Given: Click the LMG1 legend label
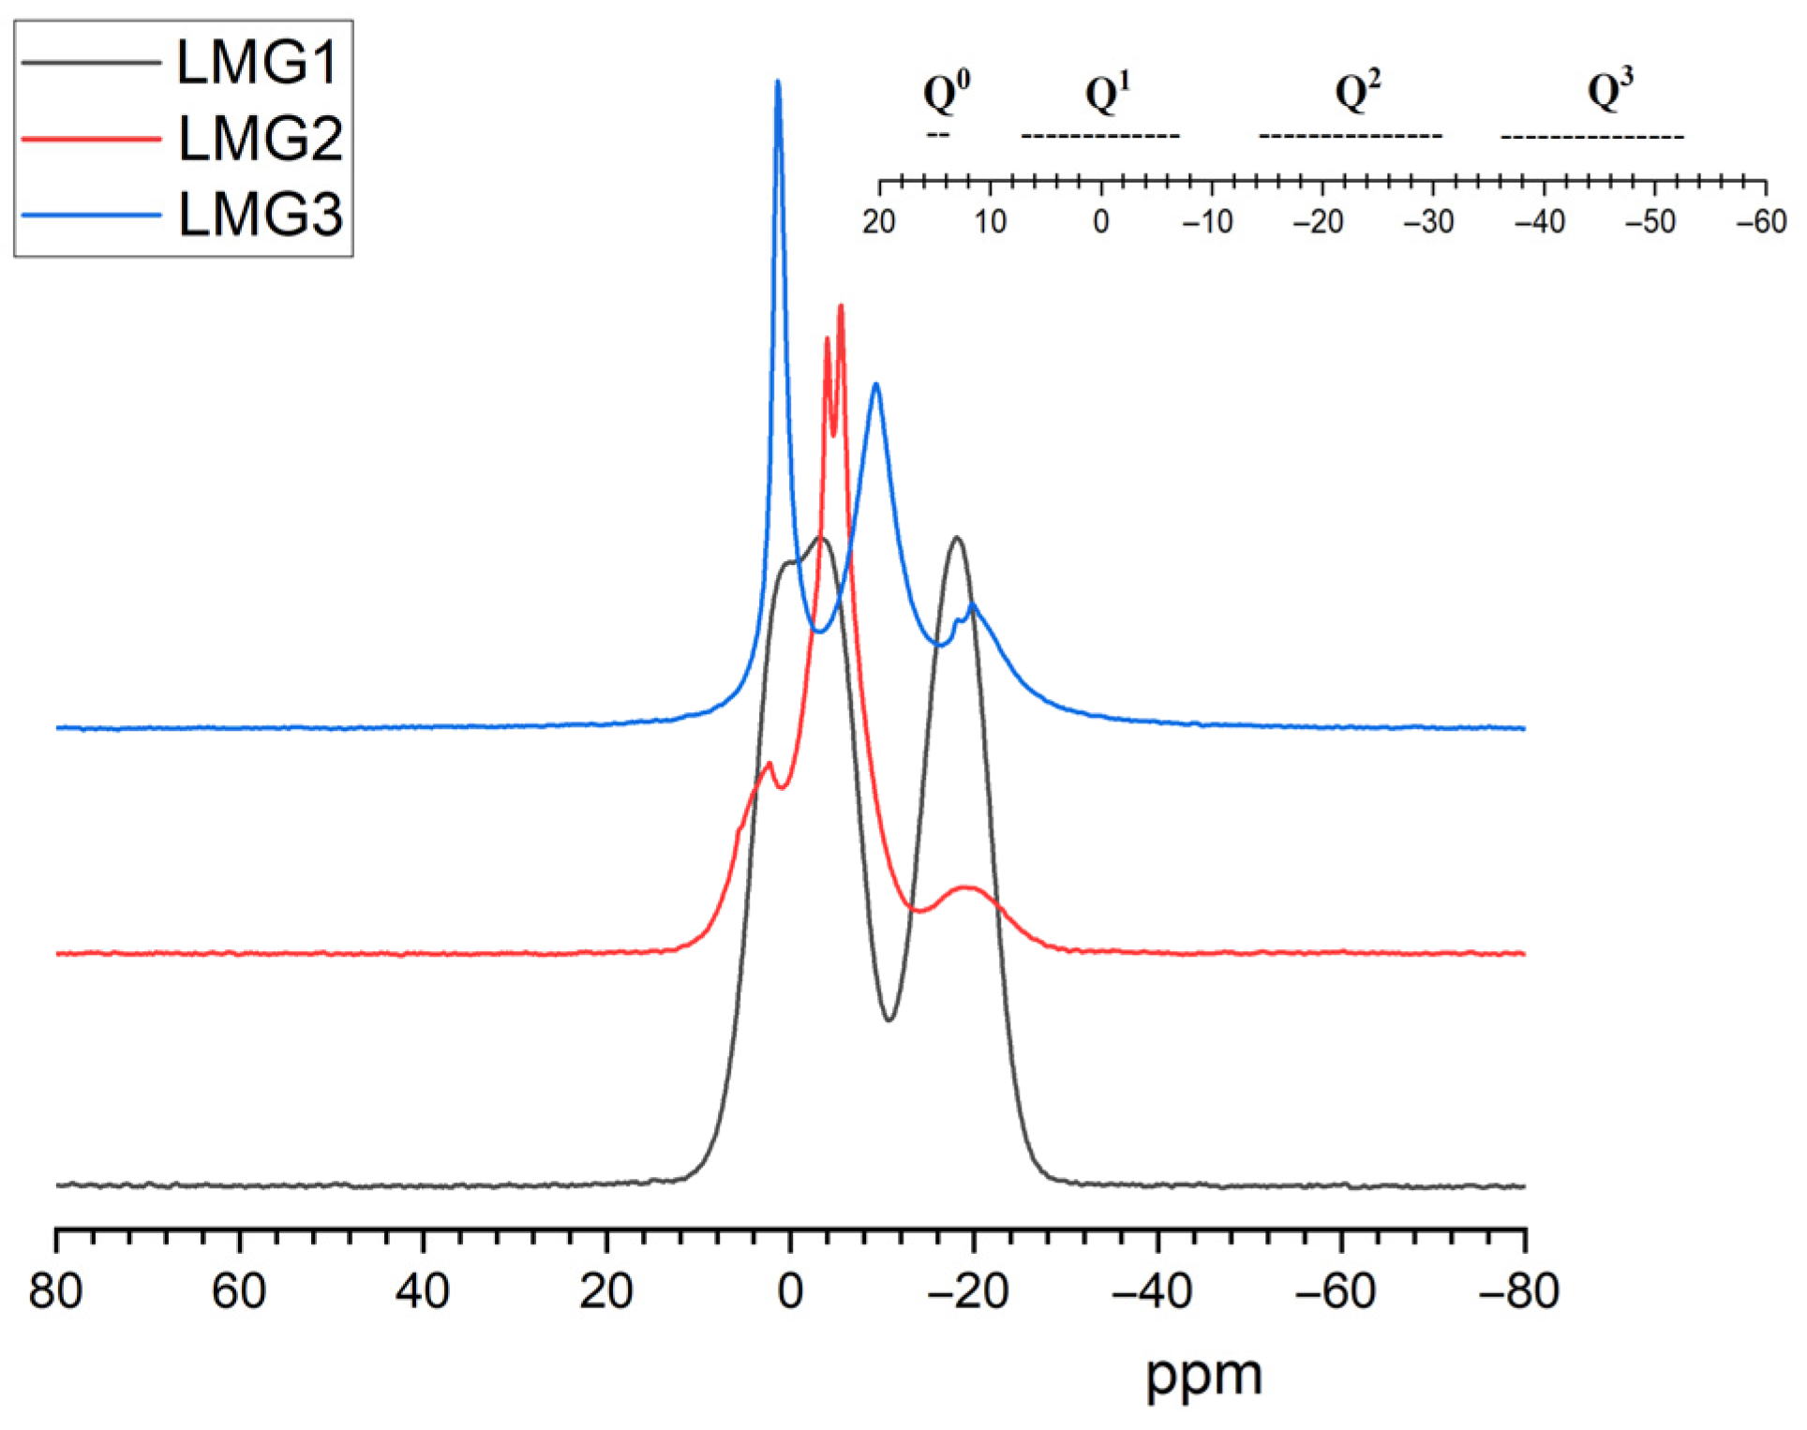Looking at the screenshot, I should click(x=257, y=64).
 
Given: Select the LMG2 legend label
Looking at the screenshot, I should click(x=261, y=139).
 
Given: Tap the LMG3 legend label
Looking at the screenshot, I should click(x=261, y=215).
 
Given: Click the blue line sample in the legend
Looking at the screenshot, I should click(x=91, y=216).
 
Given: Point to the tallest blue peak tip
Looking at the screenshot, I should click(x=778, y=82).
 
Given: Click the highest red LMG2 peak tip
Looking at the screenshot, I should click(x=841, y=306).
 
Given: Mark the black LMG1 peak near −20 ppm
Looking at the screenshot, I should click(x=956, y=538).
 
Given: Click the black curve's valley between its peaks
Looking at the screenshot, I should click(x=889, y=1020).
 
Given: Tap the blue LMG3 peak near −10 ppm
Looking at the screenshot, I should click(x=876, y=384).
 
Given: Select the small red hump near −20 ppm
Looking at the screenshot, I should click(x=966, y=886).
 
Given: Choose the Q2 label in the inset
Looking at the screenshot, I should click(x=1357, y=92).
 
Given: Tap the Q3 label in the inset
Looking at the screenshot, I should click(x=1609, y=92).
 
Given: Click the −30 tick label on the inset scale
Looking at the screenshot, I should click(x=1428, y=222).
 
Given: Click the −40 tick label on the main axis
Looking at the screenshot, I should click(x=1152, y=1290).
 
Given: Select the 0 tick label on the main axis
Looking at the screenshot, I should click(x=790, y=1290).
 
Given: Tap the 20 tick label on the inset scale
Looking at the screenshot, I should click(x=879, y=222).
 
